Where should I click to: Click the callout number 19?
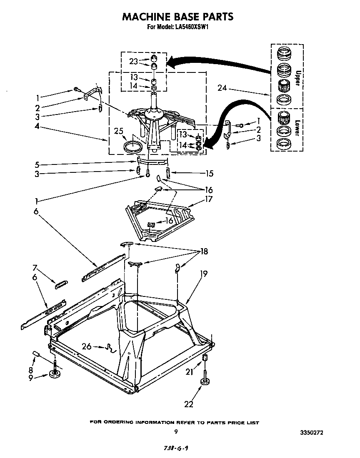point(204,274)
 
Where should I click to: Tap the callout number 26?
point(87,346)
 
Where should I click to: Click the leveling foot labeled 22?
point(205,381)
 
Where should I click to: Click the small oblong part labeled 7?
point(61,284)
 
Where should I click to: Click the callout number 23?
point(133,61)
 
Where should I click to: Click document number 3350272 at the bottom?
point(311,433)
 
